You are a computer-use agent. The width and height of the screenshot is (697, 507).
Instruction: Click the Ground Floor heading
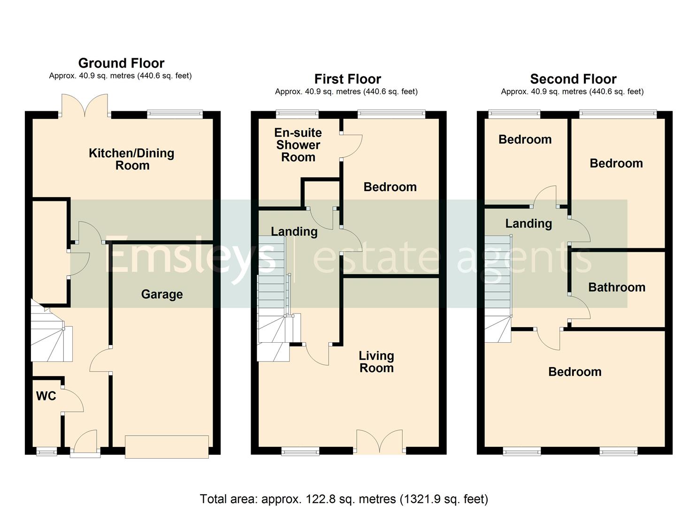(x=121, y=63)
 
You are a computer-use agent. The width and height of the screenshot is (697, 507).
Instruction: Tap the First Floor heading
(x=347, y=79)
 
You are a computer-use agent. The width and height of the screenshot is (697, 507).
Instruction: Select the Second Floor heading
(x=573, y=79)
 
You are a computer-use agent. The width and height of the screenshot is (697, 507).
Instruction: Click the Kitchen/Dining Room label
(x=132, y=159)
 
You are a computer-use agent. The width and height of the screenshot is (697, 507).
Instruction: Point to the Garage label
(x=162, y=294)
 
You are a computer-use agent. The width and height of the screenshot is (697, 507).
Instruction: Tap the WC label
(x=46, y=396)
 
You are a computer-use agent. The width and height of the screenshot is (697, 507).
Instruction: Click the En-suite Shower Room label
(x=298, y=145)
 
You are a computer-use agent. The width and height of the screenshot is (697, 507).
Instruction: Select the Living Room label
(x=376, y=362)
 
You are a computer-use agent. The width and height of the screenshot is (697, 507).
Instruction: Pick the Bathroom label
(x=617, y=287)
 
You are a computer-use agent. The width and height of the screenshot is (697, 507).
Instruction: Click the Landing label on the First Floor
(x=294, y=231)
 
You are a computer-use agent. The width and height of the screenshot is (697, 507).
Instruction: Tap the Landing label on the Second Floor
(x=528, y=223)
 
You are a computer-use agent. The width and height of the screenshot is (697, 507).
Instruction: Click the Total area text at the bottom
(x=344, y=499)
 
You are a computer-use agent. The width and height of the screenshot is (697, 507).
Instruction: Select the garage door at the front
(x=167, y=446)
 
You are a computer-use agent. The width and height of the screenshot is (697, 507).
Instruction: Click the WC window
(x=46, y=452)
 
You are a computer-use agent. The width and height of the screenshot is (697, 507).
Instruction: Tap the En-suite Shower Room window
(x=297, y=114)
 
